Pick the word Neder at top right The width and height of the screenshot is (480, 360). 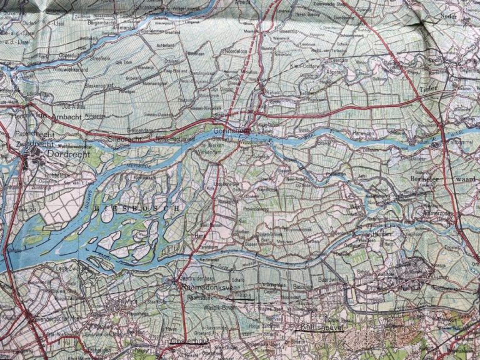coord(449,16)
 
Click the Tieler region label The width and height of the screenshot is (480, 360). coord(431,89)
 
